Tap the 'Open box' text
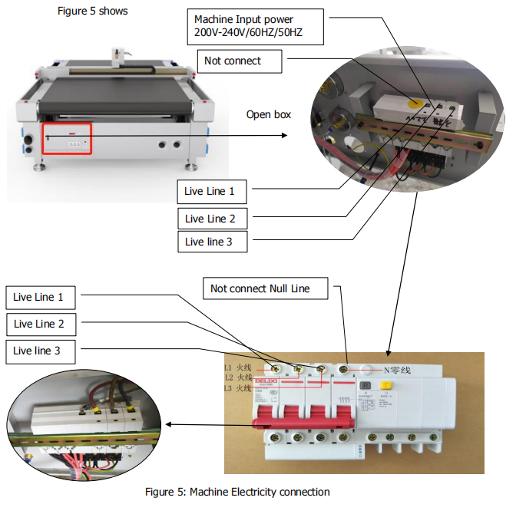(x=269, y=114)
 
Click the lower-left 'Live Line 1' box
(x=39, y=297)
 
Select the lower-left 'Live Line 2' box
(x=39, y=324)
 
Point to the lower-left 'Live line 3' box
(x=39, y=351)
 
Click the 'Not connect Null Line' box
(x=267, y=288)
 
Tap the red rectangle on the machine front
(x=67, y=138)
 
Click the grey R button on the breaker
(x=367, y=388)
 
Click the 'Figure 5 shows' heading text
(x=93, y=11)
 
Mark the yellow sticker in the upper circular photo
(x=418, y=100)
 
